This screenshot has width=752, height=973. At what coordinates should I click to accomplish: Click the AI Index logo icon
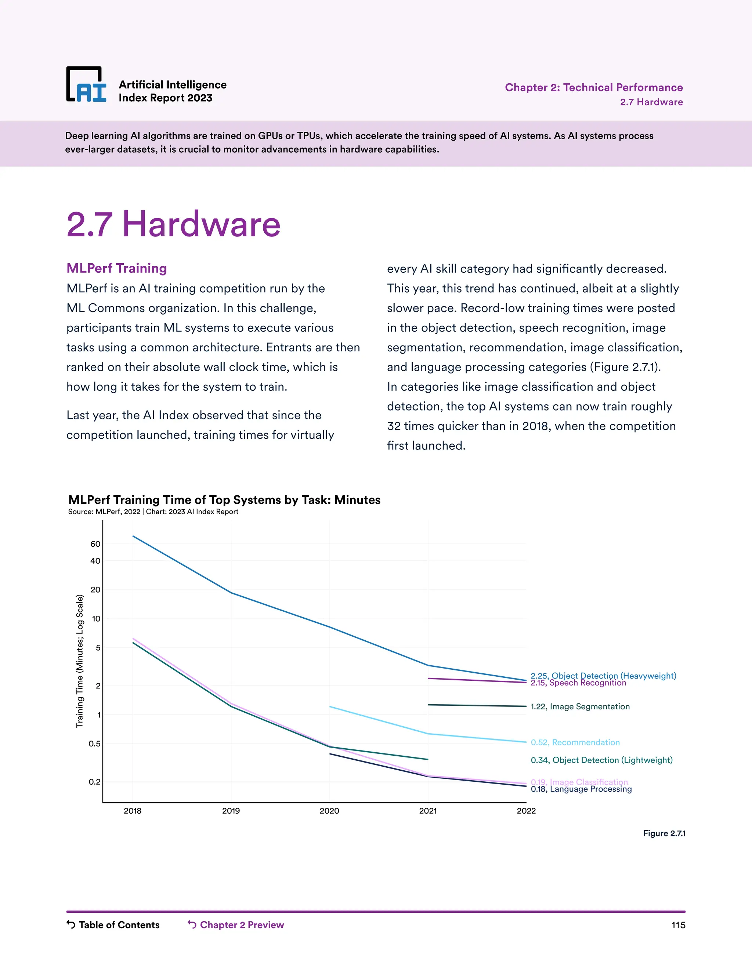(x=86, y=85)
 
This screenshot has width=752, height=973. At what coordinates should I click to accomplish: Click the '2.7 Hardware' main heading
(x=173, y=224)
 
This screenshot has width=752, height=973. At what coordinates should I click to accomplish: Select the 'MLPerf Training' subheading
(x=117, y=268)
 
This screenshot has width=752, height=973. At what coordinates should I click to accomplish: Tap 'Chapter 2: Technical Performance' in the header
(x=593, y=87)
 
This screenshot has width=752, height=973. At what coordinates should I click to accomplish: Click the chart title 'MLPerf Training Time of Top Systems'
(x=224, y=500)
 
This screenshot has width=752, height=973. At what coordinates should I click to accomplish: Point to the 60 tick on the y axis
(x=95, y=544)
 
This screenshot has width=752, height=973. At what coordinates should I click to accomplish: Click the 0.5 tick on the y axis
(x=94, y=744)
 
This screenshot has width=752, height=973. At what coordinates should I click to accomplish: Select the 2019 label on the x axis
(x=231, y=811)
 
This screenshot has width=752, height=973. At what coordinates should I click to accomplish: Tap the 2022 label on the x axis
(x=526, y=811)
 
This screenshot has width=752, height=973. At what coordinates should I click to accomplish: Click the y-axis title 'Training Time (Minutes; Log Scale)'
(x=80, y=661)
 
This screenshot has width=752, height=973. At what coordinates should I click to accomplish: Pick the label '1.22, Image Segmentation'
(x=580, y=706)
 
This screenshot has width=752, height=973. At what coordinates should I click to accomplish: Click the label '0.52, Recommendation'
(x=575, y=742)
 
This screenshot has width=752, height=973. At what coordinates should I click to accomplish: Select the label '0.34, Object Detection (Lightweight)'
(x=601, y=760)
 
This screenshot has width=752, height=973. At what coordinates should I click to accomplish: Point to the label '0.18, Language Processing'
(x=581, y=789)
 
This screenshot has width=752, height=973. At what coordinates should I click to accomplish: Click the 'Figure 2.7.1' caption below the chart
(x=664, y=833)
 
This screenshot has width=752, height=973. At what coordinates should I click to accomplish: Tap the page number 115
(x=678, y=925)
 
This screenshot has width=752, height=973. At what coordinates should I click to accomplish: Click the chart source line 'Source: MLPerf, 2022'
(x=153, y=512)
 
